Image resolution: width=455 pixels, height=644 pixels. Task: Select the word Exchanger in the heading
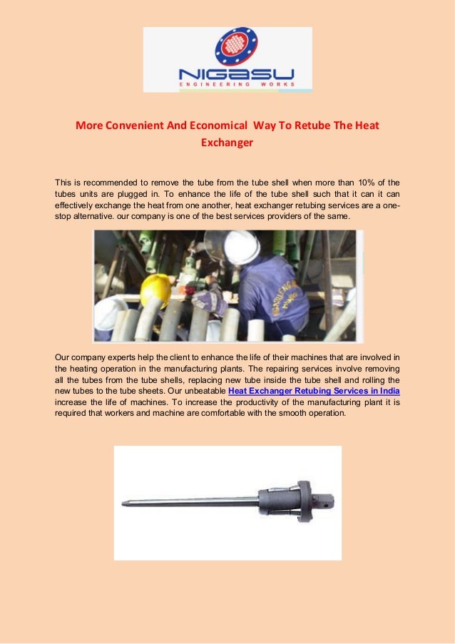pos(227,142)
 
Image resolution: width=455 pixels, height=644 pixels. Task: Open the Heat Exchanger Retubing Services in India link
pos(314,392)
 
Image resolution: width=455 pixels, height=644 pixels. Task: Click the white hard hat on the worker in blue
pos(241,247)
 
